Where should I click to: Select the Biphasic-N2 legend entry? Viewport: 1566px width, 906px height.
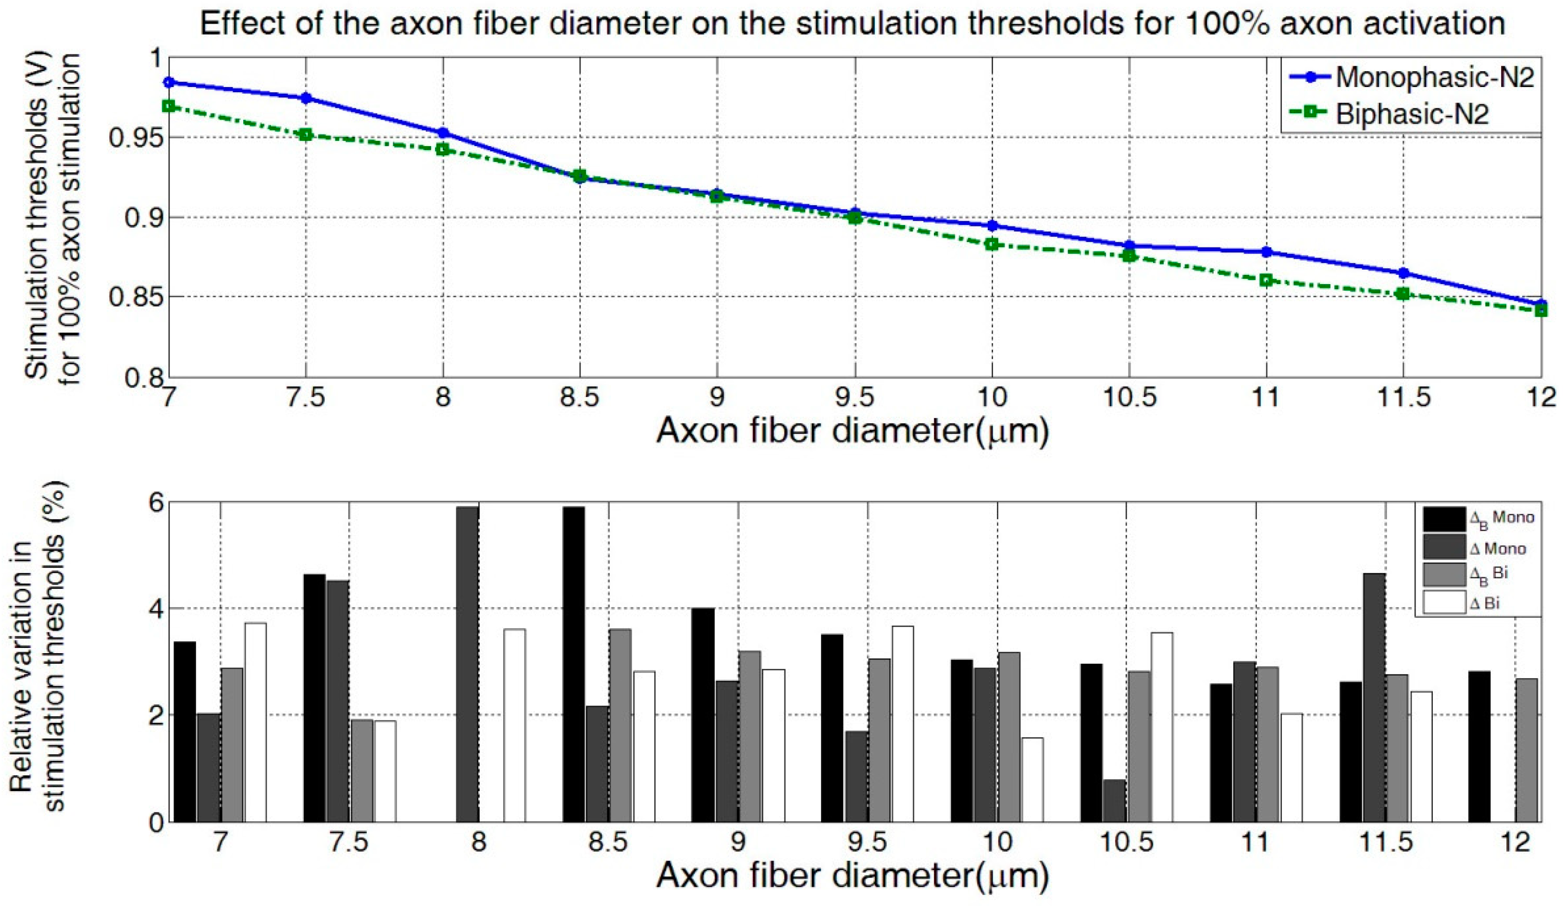(x=1411, y=114)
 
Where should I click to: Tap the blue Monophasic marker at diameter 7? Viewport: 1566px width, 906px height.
(x=168, y=82)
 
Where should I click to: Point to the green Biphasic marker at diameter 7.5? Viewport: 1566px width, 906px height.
(x=306, y=135)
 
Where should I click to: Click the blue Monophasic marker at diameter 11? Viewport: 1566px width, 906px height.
(x=1267, y=252)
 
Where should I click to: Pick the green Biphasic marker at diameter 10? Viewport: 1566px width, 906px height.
(x=992, y=244)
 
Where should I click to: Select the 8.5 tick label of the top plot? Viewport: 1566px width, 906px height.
(x=579, y=397)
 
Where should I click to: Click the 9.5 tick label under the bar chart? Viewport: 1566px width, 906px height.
(x=868, y=842)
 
